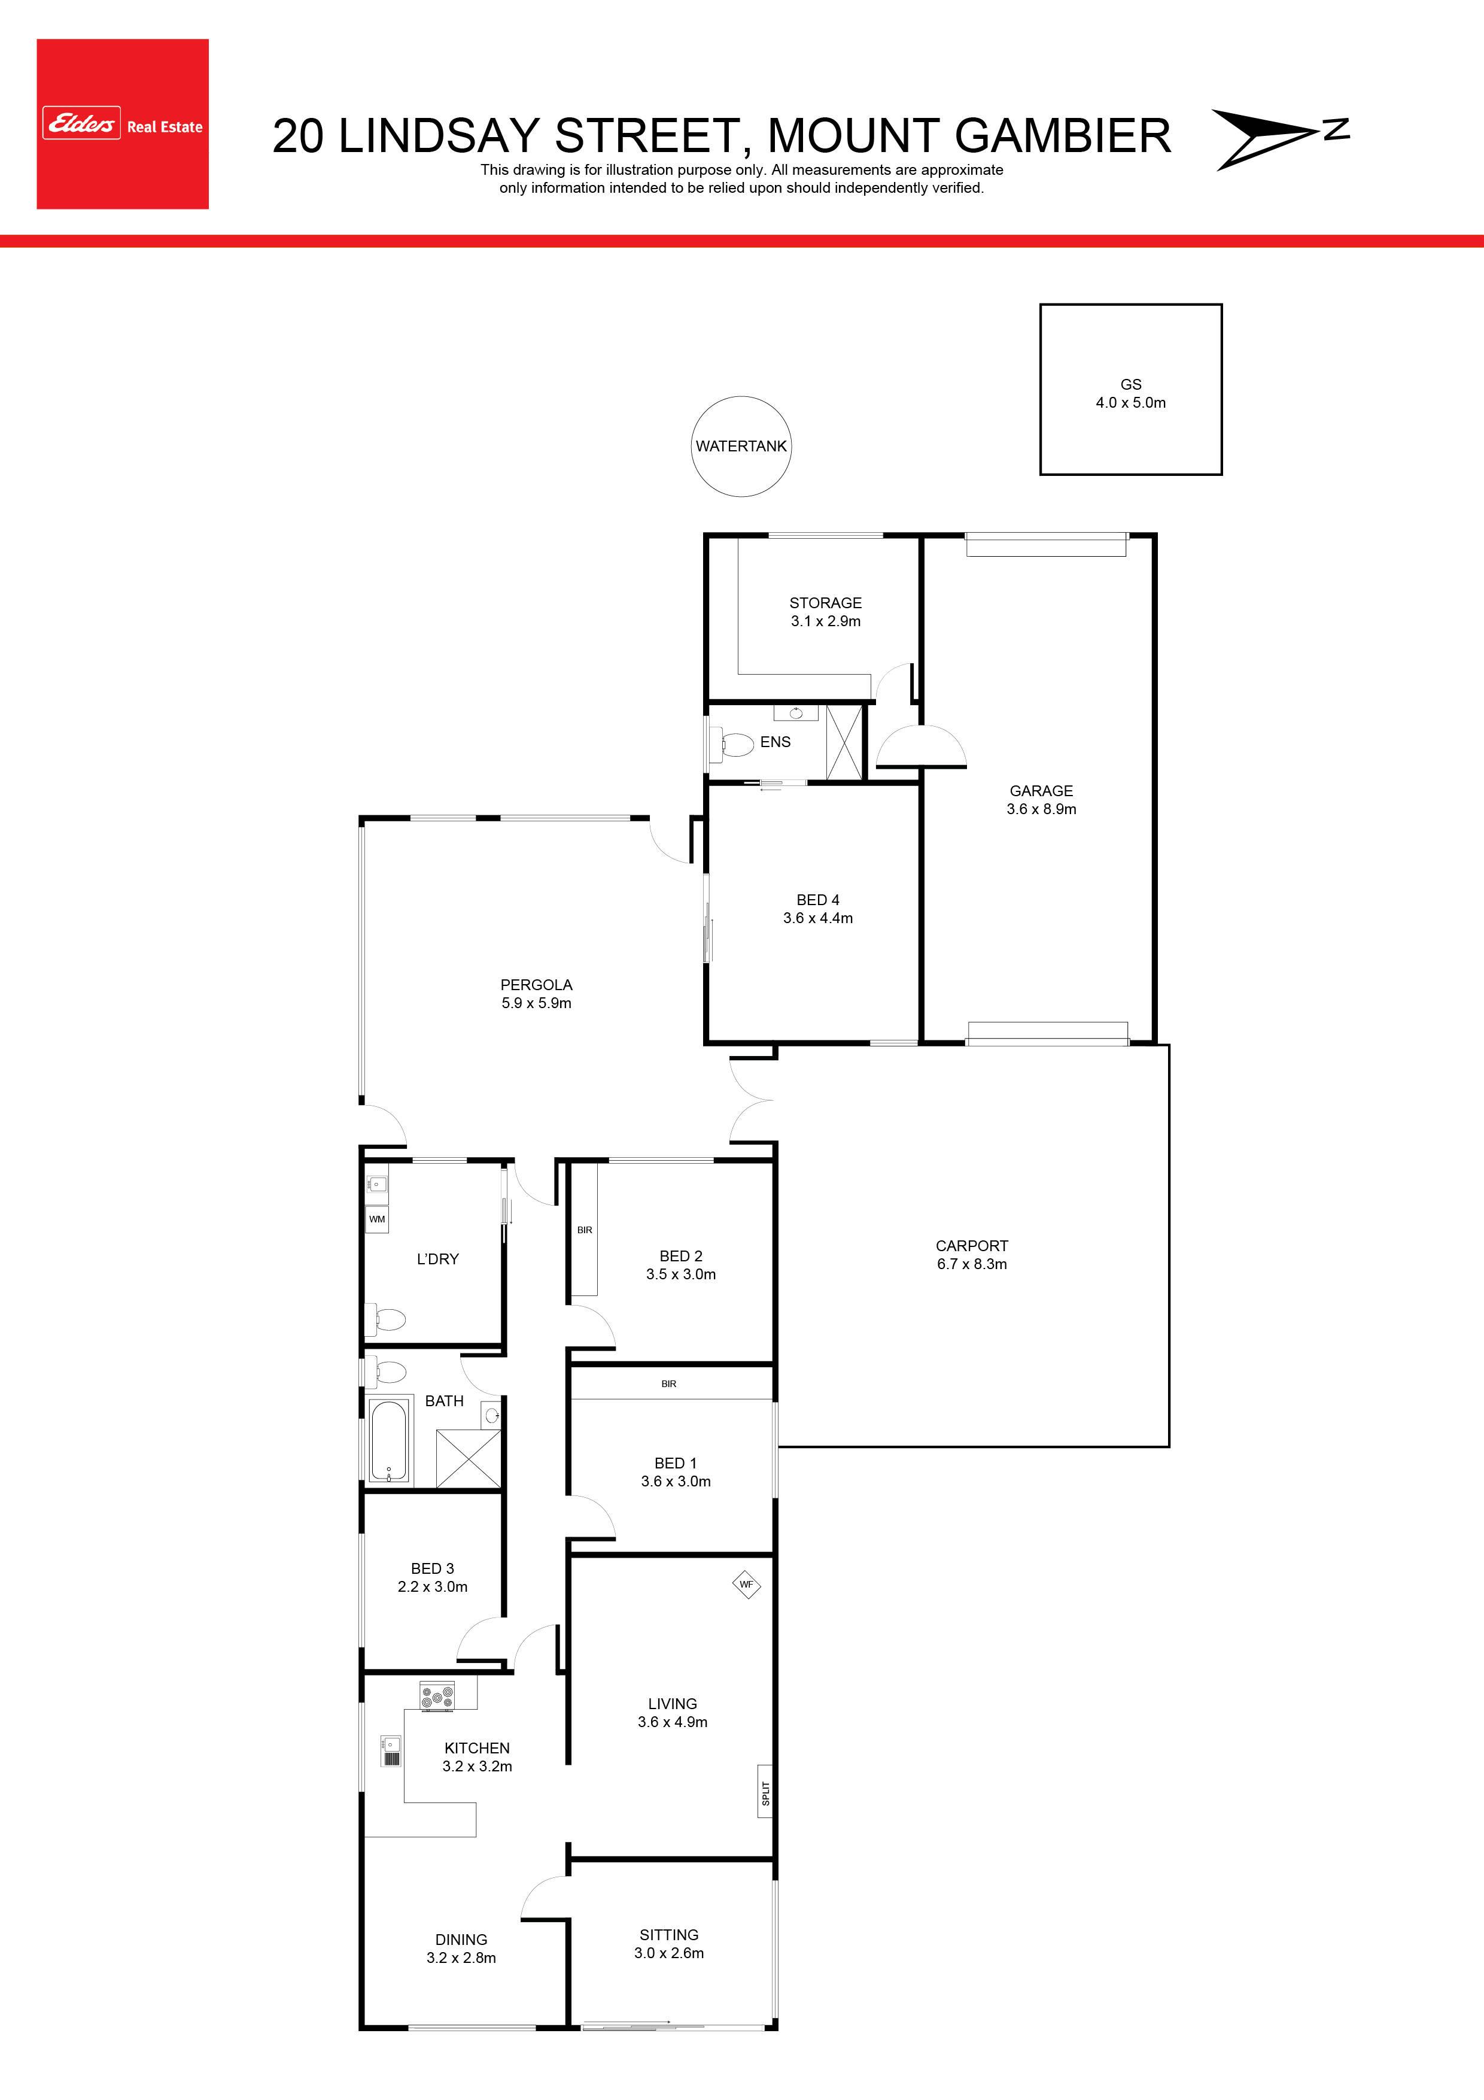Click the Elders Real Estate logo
[123, 123]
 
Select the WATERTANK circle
[741, 447]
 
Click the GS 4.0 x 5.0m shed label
[1131, 393]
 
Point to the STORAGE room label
[826, 603]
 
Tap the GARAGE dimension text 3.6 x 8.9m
[1041, 809]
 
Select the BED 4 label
[817, 900]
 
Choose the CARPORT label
[972, 1246]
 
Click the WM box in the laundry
[377, 1219]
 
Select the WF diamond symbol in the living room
[747, 1584]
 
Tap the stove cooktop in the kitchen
[437, 1696]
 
